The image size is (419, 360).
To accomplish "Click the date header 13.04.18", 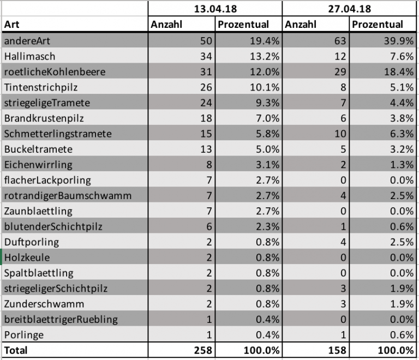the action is (x=216, y=9).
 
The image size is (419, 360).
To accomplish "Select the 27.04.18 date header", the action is (x=350, y=9).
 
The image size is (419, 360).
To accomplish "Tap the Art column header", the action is (x=12, y=25).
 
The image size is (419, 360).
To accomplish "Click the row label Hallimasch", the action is (x=29, y=56).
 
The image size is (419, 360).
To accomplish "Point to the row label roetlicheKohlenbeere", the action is (x=55, y=72).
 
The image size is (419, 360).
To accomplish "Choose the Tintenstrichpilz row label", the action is (x=41, y=87).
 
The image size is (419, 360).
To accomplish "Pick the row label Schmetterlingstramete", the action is (x=58, y=134).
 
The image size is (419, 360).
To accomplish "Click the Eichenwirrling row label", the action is (x=38, y=165).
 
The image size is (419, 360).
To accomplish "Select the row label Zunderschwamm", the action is (x=44, y=304).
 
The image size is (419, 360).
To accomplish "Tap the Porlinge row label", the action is (x=24, y=335).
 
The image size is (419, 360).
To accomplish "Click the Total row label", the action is (x=16, y=350).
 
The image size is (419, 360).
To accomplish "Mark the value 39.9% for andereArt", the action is (x=399, y=41).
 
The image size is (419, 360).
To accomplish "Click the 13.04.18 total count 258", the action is (x=203, y=350).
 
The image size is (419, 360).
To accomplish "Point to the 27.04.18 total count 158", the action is (x=337, y=350).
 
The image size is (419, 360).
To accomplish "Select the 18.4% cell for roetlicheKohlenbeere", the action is (x=399, y=72).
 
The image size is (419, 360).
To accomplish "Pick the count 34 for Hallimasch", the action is (x=206, y=56).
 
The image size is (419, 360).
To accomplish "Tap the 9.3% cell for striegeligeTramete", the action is (x=268, y=103).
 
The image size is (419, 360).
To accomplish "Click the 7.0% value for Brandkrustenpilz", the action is (x=268, y=118).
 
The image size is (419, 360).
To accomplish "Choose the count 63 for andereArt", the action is (x=340, y=41).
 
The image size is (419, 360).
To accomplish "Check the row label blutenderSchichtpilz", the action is (x=53, y=227).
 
